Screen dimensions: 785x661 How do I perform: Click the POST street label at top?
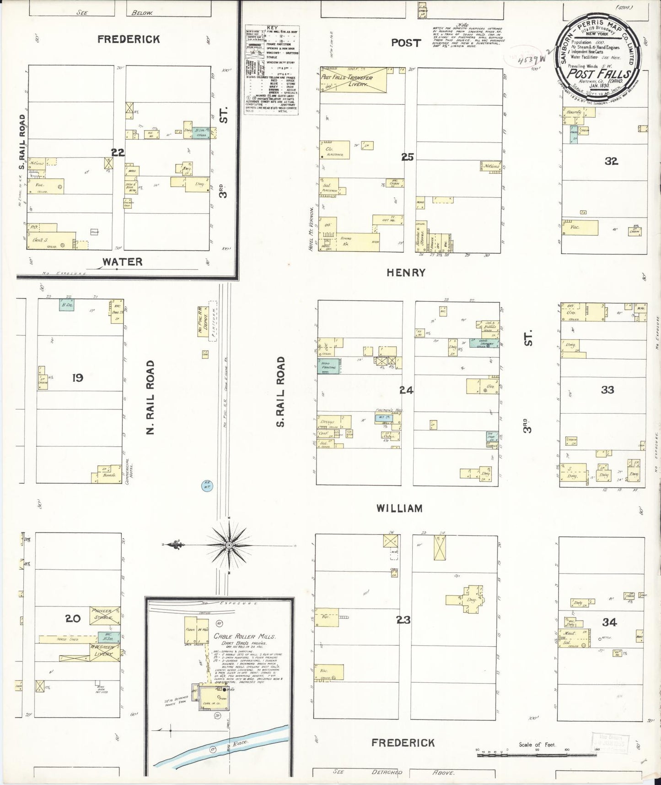tap(405, 43)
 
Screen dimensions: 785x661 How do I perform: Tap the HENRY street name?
tap(406, 273)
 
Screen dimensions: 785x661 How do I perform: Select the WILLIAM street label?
tap(399, 508)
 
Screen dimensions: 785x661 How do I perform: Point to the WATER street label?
tap(122, 262)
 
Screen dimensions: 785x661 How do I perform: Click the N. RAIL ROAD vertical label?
tap(150, 397)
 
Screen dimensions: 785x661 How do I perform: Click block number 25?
tap(407, 157)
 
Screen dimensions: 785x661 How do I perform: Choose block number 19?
tap(78, 377)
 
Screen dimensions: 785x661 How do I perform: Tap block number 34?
tap(609, 621)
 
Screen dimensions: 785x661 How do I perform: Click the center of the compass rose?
tap(229, 545)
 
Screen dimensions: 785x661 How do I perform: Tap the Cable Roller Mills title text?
tap(244, 636)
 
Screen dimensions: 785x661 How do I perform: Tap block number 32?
tap(611, 161)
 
